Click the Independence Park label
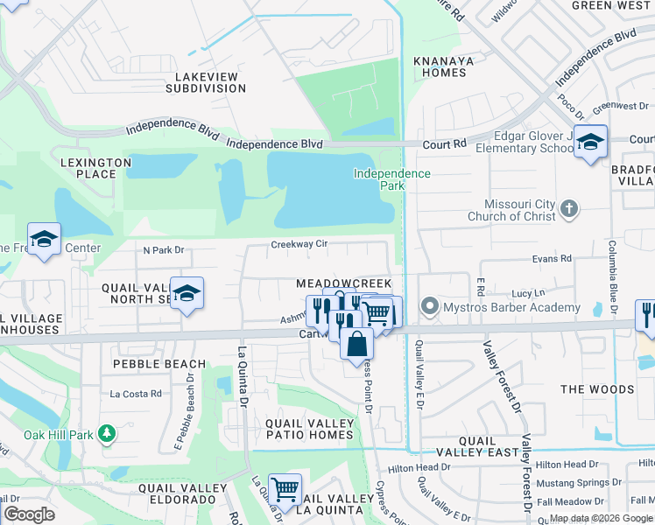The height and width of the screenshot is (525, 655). pyautogui.click(x=391, y=179)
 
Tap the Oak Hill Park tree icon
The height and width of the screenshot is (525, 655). pyautogui.click(x=107, y=433)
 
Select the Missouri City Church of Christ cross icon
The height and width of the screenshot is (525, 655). pyautogui.click(x=569, y=208)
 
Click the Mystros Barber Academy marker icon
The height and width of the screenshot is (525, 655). pyautogui.click(x=429, y=307)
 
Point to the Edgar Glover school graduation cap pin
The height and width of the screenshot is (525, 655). pyautogui.click(x=591, y=143)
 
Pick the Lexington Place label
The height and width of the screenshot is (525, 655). pyautogui.click(x=88, y=168)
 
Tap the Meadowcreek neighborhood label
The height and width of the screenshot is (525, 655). pyautogui.click(x=343, y=284)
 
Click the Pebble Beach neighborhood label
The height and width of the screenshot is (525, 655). pyautogui.click(x=159, y=363)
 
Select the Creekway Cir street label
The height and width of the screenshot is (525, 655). pyautogui.click(x=299, y=245)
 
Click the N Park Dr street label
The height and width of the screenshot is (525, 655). pyautogui.click(x=164, y=250)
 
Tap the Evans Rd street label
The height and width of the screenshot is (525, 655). pyautogui.click(x=552, y=258)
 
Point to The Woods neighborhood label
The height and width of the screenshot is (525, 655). pyautogui.click(x=597, y=388)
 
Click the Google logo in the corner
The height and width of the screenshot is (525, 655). pyautogui.click(x=29, y=514)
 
